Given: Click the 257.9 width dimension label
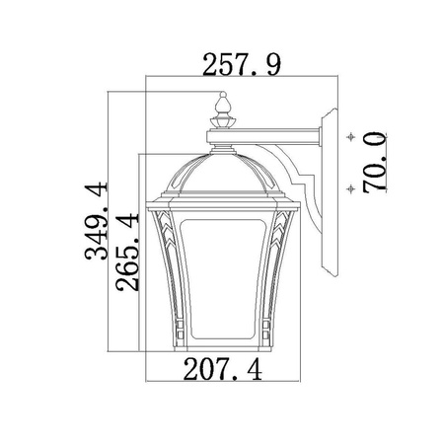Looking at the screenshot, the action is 242,65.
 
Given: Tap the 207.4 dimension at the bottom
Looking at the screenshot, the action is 223,370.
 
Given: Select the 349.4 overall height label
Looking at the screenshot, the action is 97,221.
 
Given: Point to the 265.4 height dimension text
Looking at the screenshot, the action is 127,253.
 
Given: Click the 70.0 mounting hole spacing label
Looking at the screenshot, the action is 375,162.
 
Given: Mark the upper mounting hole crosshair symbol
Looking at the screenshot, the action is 351,137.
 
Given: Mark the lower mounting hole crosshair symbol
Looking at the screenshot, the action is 351,188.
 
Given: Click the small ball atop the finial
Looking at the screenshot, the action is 223,95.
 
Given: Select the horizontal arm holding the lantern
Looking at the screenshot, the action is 264,136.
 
